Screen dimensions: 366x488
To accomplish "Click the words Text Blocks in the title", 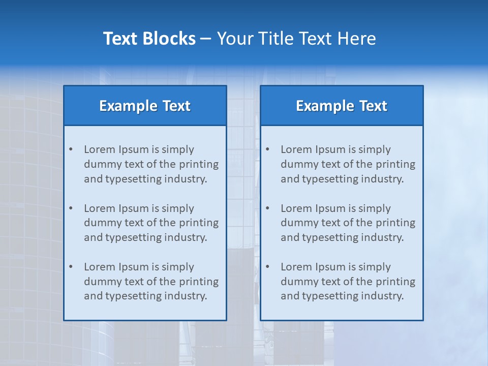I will pyautogui.click(x=149, y=39).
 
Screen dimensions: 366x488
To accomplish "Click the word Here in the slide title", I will pyautogui.click(x=358, y=39).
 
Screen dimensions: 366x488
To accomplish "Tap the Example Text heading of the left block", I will pyautogui.click(x=145, y=106).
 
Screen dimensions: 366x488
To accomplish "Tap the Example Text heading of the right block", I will pyautogui.click(x=342, y=106).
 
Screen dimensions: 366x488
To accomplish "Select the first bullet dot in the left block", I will pyautogui.click(x=71, y=149).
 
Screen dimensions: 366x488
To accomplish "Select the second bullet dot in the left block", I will pyautogui.click(x=71, y=208).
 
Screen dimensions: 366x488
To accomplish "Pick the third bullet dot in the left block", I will pyautogui.click(x=71, y=267).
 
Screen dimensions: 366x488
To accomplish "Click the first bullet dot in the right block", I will pyautogui.click(x=267, y=149).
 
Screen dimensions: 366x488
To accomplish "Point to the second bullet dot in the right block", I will pyautogui.click(x=267, y=208).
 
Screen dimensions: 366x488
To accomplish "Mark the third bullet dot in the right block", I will pyautogui.click(x=267, y=267).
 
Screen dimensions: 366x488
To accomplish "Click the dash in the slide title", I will pyautogui.click(x=206, y=39).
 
